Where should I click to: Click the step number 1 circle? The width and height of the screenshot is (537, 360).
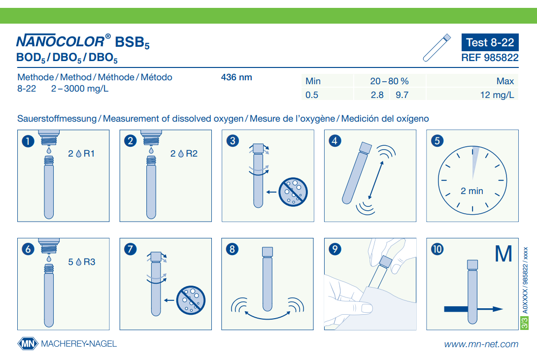[x=28, y=141]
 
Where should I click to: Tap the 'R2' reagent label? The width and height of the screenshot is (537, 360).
[x=192, y=154]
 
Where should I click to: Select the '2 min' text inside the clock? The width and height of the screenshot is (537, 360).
[x=472, y=191]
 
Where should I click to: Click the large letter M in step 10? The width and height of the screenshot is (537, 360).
[x=503, y=254]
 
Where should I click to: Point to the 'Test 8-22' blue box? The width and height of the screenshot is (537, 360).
[x=490, y=42]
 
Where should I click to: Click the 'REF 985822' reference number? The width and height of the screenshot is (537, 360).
[x=490, y=58]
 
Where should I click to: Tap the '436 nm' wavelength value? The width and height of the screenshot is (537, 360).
[x=236, y=77]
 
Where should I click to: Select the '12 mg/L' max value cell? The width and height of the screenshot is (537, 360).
[x=497, y=95]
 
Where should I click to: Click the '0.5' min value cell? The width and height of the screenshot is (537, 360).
[x=312, y=95]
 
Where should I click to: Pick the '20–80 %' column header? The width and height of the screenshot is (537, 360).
[x=389, y=81]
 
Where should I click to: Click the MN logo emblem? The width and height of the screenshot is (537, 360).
[x=28, y=344]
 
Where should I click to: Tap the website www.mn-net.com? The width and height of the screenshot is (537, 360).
[x=481, y=344]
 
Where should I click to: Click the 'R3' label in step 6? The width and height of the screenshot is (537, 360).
[x=89, y=262]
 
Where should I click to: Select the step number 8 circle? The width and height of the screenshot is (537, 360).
[x=232, y=249]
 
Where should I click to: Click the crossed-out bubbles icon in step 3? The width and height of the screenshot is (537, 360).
[x=293, y=192]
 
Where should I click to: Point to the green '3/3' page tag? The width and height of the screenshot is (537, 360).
[x=524, y=323]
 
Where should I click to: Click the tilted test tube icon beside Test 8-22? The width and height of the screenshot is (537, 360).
[x=436, y=48]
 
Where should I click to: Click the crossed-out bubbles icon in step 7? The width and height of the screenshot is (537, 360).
[x=191, y=300]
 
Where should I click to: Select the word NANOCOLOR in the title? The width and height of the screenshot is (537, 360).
[x=60, y=41]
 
